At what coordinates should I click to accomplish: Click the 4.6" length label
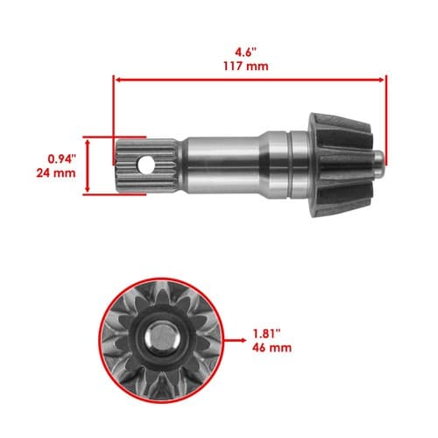[246, 53]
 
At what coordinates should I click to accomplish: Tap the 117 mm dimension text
[246, 67]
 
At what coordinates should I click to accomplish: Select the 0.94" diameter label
[62, 159]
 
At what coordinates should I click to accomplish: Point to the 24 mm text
[56, 173]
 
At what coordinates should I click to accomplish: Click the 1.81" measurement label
[266, 334]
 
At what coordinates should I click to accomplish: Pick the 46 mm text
[272, 348]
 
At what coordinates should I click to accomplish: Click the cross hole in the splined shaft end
[146, 166]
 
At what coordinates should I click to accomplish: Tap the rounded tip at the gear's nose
[379, 165]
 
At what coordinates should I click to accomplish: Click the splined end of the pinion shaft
[148, 166]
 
